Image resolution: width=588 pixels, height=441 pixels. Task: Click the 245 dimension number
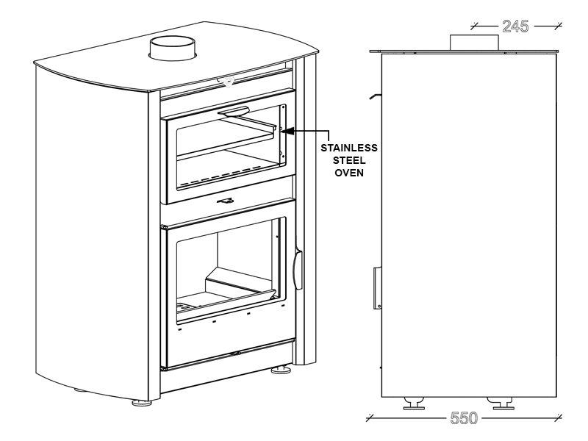(x=515, y=26)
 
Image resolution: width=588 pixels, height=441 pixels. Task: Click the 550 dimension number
(x=464, y=417)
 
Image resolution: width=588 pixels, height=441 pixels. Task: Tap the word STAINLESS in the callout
(x=349, y=148)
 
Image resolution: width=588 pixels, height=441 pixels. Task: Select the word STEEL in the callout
(x=349, y=160)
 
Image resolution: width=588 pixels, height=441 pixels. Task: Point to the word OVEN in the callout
(x=349, y=173)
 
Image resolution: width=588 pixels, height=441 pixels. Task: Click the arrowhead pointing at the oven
(x=286, y=131)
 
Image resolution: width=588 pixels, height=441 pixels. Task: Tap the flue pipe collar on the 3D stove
(x=173, y=48)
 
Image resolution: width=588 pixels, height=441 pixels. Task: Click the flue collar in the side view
(x=474, y=43)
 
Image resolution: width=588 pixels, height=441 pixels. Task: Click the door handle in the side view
(x=377, y=288)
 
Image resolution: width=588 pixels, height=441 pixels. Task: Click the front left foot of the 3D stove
(x=142, y=403)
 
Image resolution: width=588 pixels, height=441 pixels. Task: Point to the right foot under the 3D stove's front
(x=281, y=370)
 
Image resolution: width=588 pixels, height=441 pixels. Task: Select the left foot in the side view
(x=414, y=403)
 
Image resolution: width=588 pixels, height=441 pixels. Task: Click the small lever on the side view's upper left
(x=375, y=96)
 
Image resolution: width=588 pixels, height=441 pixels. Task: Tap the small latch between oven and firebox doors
(x=226, y=201)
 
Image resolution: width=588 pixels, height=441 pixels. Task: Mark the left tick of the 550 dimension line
(x=370, y=417)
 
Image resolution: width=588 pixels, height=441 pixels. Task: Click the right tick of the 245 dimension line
(x=559, y=26)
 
